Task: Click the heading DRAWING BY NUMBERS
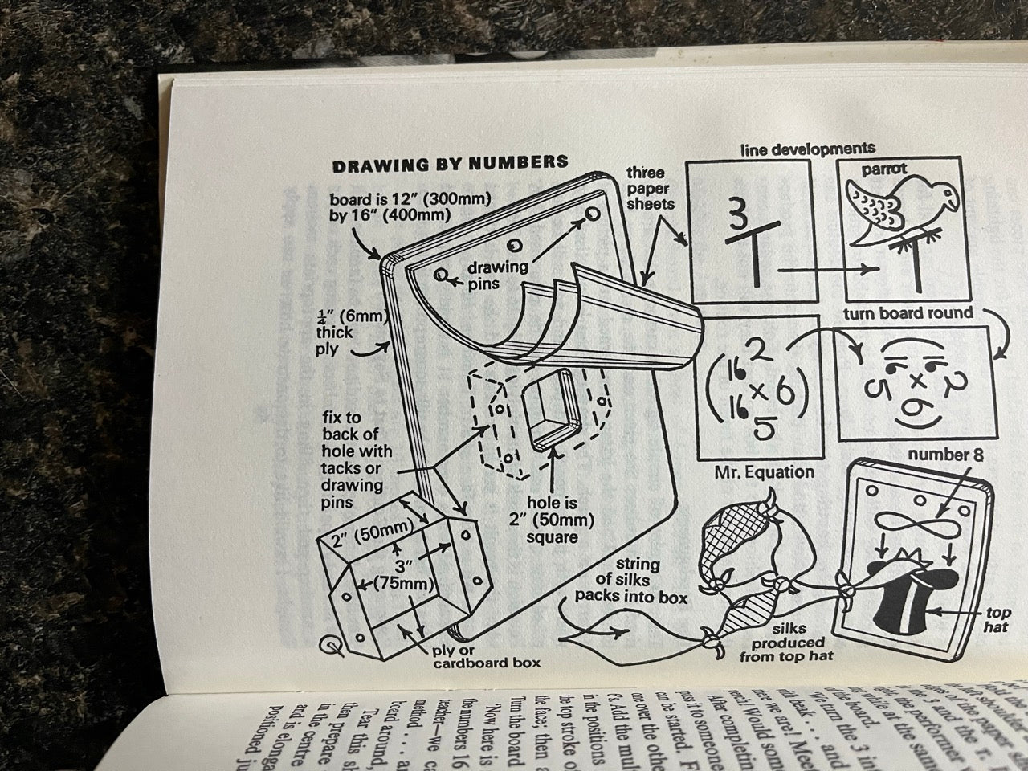click(x=450, y=163)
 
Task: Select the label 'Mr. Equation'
click(x=764, y=472)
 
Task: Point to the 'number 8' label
click(x=945, y=455)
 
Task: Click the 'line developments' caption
click(x=807, y=149)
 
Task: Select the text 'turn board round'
click(x=908, y=312)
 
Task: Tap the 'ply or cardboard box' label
click(x=486, y=655)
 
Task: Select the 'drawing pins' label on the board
click(x=497, y=275)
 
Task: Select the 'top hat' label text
click(x=997, y=619)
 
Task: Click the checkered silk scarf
click(x=732, y=522)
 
